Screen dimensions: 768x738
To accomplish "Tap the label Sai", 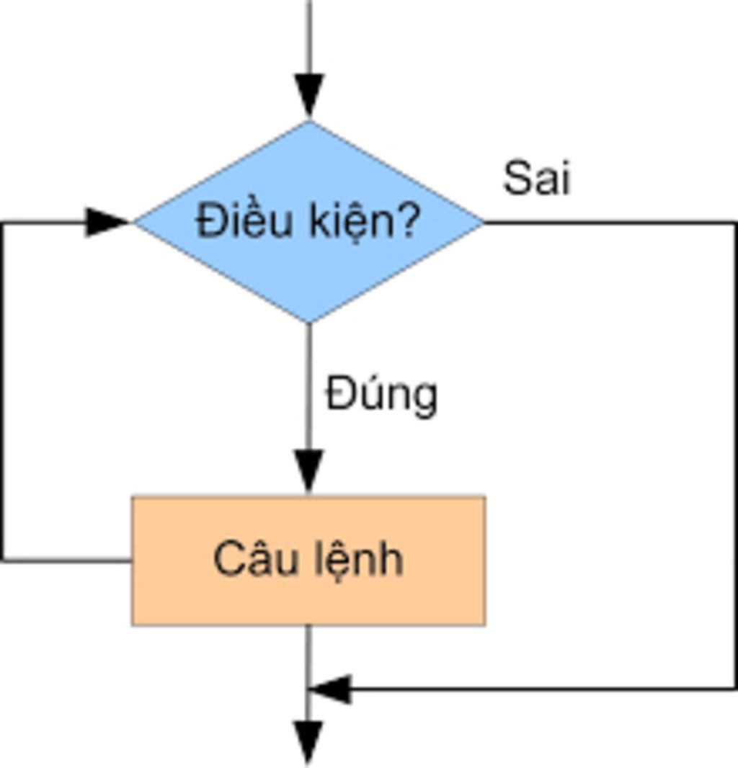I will coord(536,178).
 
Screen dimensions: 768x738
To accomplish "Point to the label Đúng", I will coord(381,395).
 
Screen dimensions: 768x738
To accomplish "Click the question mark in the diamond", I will coord(405,220).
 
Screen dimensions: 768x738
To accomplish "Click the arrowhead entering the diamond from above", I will coord(310,96).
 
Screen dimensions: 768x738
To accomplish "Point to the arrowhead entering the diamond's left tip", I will coord(107,222).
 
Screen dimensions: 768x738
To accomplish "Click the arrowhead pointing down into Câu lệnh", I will coord(309,472).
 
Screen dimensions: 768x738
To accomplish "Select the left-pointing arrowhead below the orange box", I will coord(330,689).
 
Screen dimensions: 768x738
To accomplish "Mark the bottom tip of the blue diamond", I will coord(309,321).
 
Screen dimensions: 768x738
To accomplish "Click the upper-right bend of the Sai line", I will coord(734,223).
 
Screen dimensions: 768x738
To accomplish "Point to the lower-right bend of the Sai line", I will coord(734,689).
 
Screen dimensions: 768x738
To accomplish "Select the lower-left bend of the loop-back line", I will coord(4,559).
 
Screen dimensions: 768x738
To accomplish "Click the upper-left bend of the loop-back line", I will coord(4,223).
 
